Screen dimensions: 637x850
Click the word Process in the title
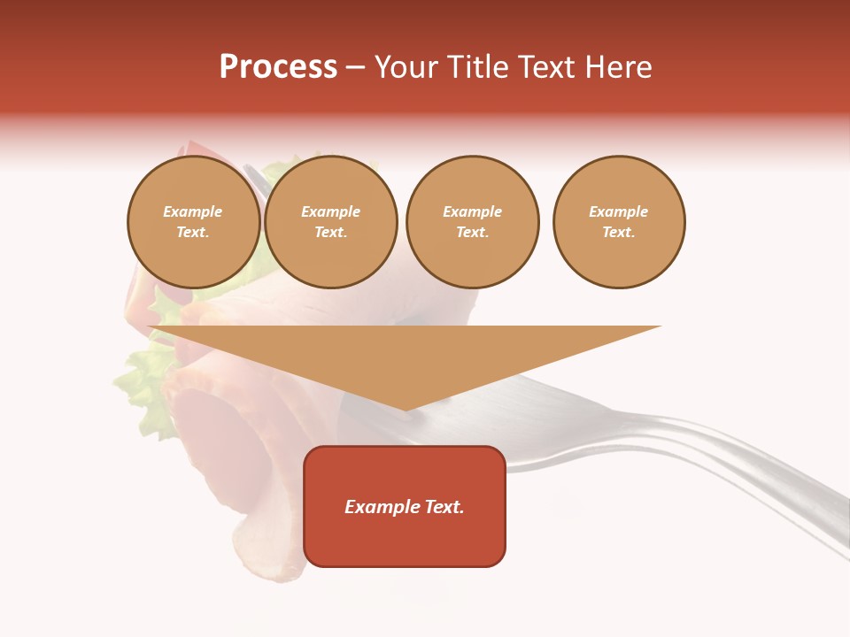[x=278, y=67]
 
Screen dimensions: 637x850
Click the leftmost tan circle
[x=194, y=222]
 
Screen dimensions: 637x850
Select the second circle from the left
[x=331, y=222]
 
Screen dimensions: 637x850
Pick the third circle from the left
[x=472, y=222]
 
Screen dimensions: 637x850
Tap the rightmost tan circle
[x=619, y=222]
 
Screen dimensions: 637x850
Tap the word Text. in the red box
[x=444, y=507]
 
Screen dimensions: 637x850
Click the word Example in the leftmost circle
[x=193, y=212]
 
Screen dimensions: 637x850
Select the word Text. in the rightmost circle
[x=619, y=233]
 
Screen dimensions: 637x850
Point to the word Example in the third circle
[x=472, y=212]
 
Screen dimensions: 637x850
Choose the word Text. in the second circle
[x=331, y=233]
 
